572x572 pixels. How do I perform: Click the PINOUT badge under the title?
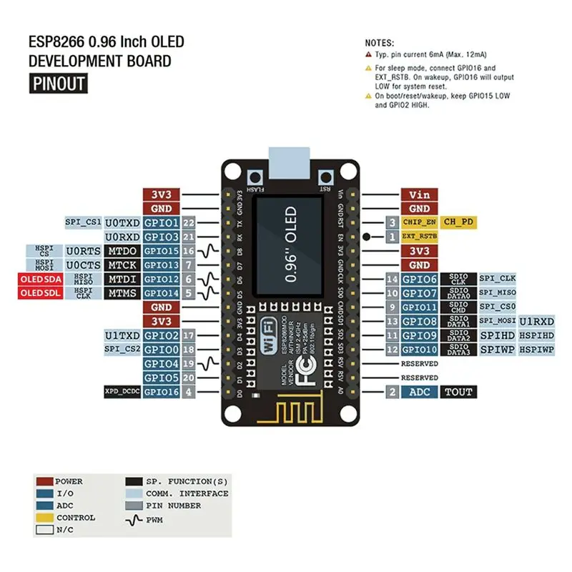point(58,84)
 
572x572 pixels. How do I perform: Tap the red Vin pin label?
point(419,194)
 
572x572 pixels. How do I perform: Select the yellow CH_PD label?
point(458,222)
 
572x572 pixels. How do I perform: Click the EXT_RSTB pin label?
point(418,236)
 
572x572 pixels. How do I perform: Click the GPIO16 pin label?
point(161,392)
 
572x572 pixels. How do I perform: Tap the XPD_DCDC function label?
point(122,392)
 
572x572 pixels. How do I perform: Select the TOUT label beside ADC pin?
point(458,392)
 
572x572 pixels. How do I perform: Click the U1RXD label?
point(536,321)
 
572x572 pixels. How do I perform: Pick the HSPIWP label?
point(536,349)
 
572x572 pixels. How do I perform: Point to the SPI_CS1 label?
point(83,222)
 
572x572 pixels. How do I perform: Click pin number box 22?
point(189,222)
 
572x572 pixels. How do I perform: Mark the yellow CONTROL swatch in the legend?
point(44,518)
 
